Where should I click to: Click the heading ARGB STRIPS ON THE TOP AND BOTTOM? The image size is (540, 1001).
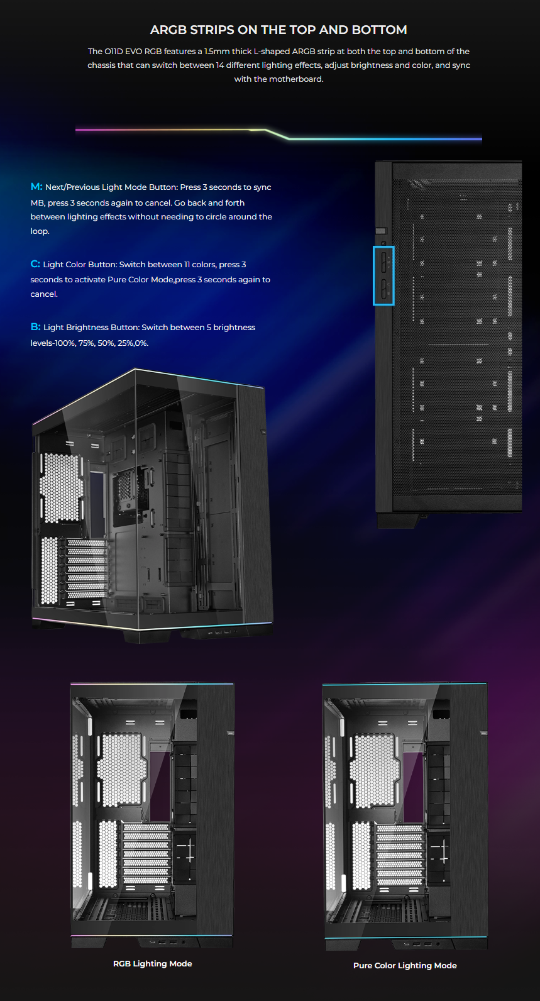tap(278, 30)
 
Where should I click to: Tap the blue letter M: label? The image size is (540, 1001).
tap(36, 186)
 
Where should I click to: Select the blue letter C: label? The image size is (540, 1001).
tap(35, 263)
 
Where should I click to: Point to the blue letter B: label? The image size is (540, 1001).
tap(35, 327)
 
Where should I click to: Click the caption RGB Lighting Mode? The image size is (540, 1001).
tap(152, 963)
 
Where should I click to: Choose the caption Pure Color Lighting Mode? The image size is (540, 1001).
tap(405, 965)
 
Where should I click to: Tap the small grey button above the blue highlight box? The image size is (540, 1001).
tap(380, 231)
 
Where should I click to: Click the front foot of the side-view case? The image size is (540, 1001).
tap(397, 520)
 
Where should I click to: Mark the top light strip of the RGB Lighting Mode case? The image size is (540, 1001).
tap(152, 683)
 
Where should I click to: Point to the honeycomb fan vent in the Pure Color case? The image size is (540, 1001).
tap(373, 770)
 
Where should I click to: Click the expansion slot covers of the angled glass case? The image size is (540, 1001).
tap(87, 568)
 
